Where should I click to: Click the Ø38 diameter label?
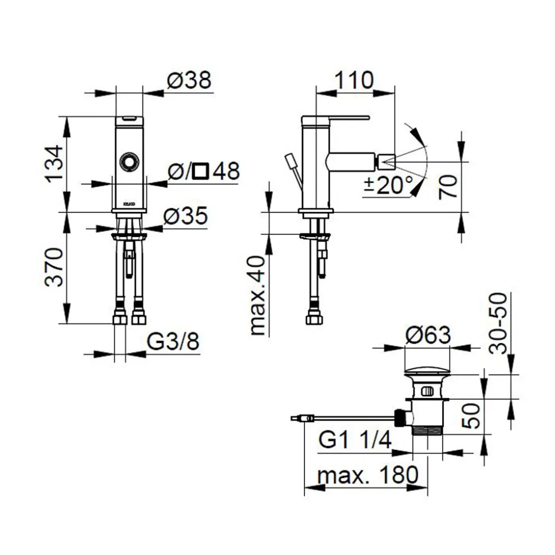(x=189, y=80)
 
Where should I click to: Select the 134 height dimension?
(x=55, y=163)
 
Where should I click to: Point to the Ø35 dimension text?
(x=185, y=216)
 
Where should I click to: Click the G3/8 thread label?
(x=173, y=342)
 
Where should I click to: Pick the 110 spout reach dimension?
(x=354, y=80)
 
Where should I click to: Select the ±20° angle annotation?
(x=388, y=185)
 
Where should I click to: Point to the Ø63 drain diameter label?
(x=428, y=335)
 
